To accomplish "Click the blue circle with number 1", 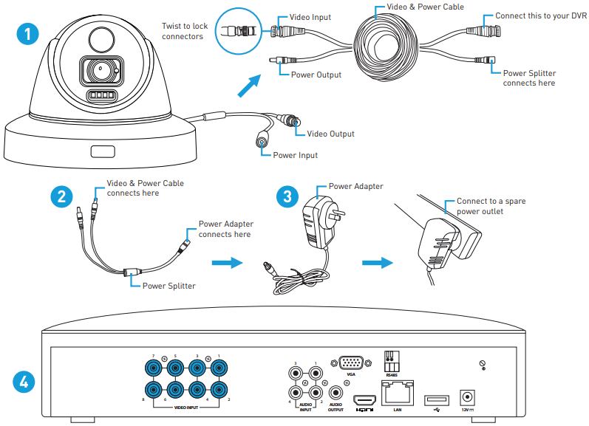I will click(x=28, y=33).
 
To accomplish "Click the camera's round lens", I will click(x=98, y=72).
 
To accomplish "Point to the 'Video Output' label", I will click(x=330, y=134).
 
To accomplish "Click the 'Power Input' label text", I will click(x=296, y=155).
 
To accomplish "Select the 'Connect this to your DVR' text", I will click(x=542, y=16).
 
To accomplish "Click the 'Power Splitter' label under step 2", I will click(x=168, y=286).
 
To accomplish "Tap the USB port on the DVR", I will click(x=432, y=399).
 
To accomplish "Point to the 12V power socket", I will click(x=466, y=396).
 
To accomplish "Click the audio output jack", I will click(x=336, y=394).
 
